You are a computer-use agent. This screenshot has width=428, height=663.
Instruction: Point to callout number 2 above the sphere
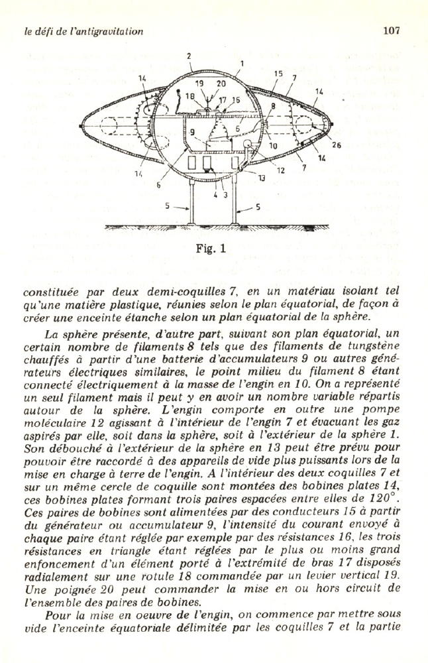coord(188,56)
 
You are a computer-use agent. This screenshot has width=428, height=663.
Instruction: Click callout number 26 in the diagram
coord(336,146)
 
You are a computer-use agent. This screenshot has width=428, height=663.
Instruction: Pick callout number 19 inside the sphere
coord(199,84)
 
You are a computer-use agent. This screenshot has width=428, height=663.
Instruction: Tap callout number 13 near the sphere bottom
coord(262,177)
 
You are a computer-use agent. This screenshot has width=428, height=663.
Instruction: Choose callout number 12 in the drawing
coord(281,170)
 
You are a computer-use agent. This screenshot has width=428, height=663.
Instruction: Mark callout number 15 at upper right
coord(278,74)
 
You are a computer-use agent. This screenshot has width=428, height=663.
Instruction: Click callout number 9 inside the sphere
coord(191,132)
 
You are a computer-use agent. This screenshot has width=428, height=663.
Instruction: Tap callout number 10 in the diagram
coord(273,145)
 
